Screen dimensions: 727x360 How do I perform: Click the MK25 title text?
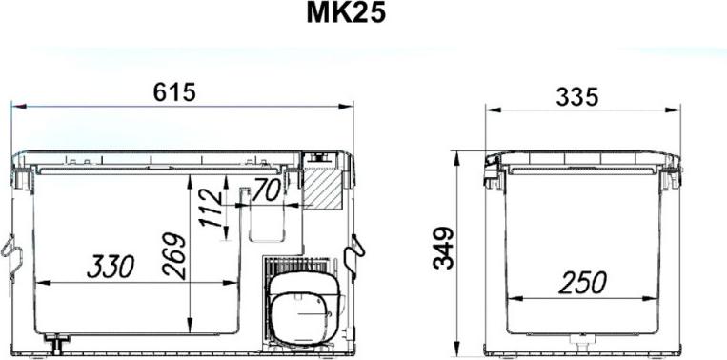(x=346, y=14)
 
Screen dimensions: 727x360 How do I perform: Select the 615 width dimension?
(x=174, y=92)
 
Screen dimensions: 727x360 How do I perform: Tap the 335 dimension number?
(x=577, y=97)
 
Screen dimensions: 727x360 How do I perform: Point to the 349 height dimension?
(x=443, y=248)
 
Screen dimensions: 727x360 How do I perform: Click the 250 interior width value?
(x=582, y=283)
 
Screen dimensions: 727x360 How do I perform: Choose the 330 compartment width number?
(x=111, y=267)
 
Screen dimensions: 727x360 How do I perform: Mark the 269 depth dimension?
(x=174, y=256)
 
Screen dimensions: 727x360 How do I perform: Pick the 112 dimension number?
(x=212, y=208)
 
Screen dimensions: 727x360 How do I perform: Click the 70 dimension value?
(x=266, y=190)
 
